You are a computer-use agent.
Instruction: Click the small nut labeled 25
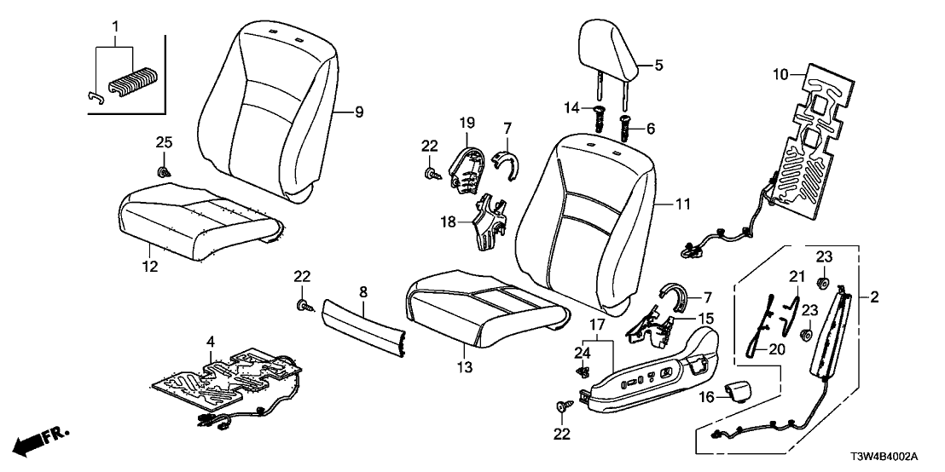click(x=163, y=166)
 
